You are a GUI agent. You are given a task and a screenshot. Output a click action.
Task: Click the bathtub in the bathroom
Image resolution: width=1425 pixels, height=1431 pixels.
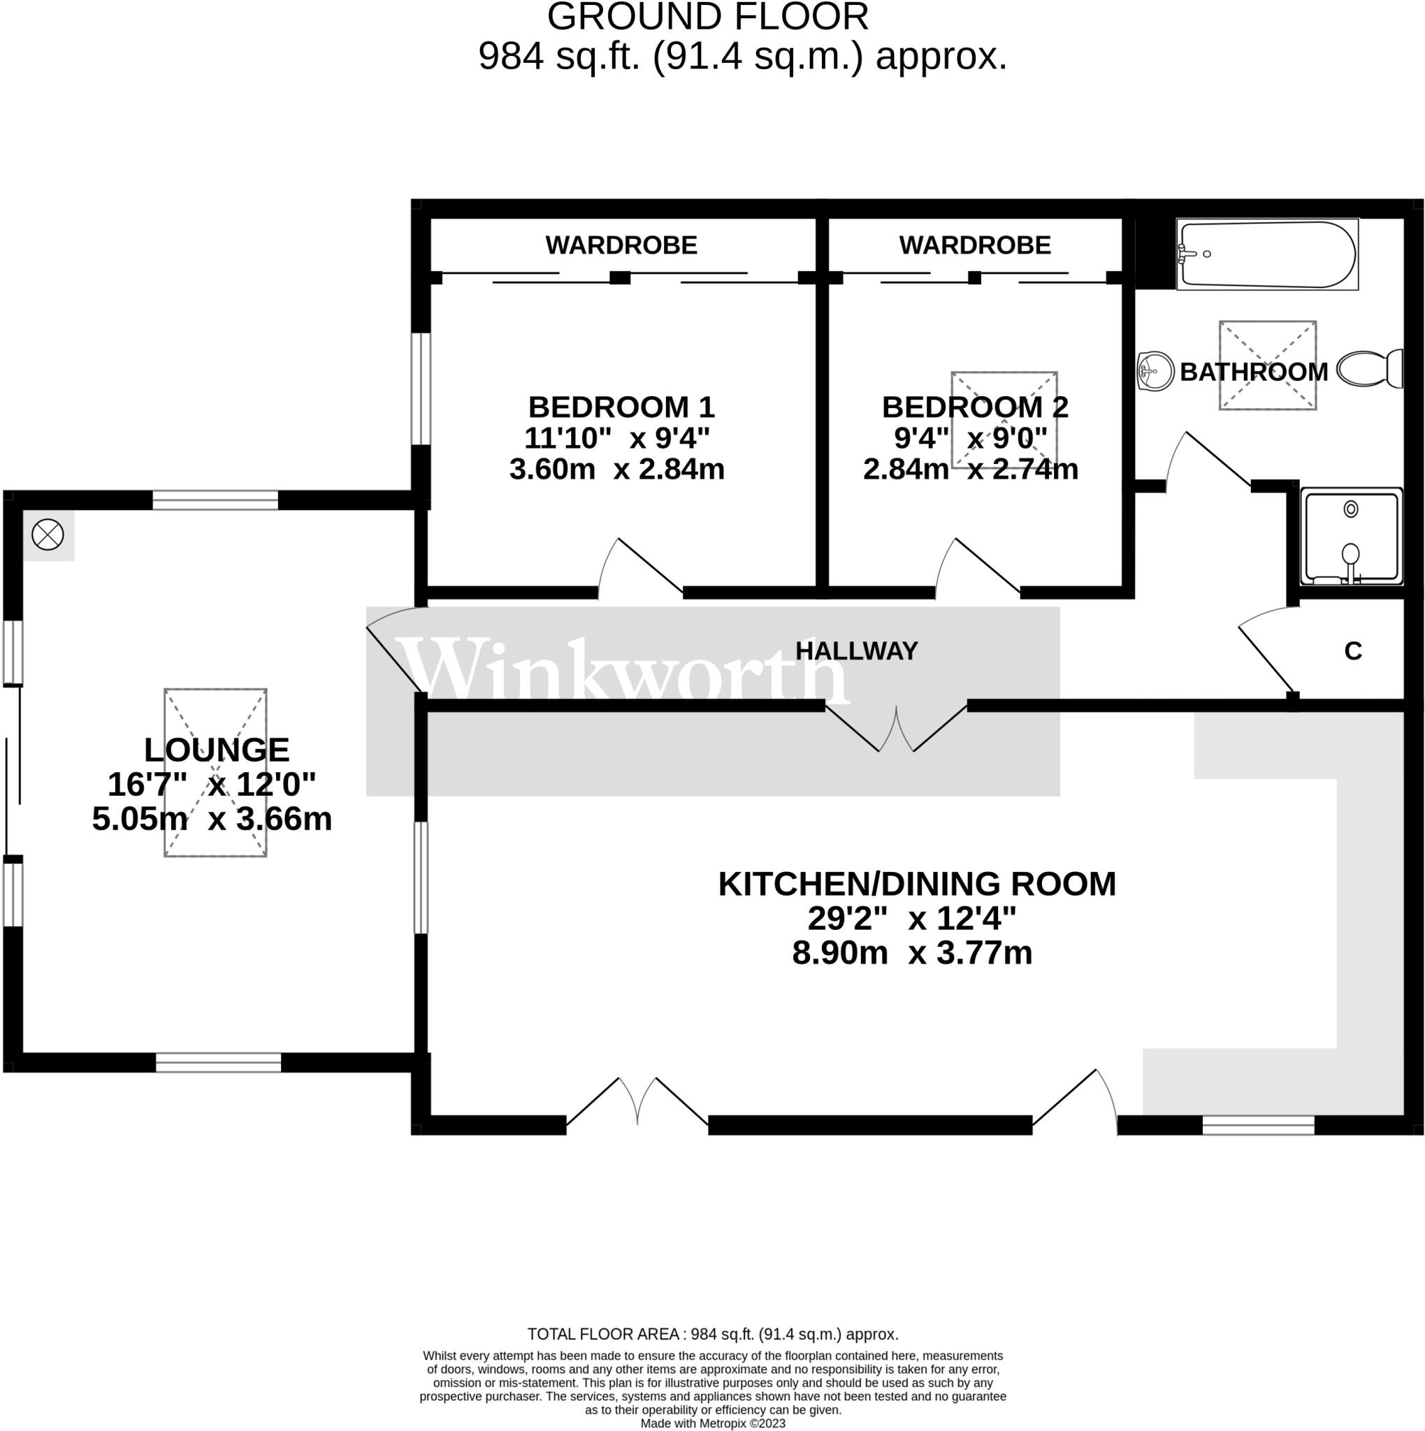(x=1268, y=254)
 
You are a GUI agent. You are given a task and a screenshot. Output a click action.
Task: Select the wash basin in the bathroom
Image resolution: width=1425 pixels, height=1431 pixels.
(x=1155, y=370)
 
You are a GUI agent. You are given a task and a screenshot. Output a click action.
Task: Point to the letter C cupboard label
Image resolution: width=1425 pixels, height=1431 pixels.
(x=1352, y=651)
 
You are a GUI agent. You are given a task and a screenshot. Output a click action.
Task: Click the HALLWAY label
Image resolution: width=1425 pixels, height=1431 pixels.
(x=856, y=651)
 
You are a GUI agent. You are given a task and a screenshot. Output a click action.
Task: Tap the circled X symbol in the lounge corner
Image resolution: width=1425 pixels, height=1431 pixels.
(x=48, y=535)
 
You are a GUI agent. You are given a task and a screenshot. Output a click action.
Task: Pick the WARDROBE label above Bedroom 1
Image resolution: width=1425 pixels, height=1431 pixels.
(x=621, y=245)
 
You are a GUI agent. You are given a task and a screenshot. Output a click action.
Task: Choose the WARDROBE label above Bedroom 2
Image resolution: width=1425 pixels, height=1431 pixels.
(x=974, y=245)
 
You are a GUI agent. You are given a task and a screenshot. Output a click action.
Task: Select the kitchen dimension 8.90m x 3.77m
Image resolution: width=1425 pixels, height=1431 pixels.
(x=912, y=952)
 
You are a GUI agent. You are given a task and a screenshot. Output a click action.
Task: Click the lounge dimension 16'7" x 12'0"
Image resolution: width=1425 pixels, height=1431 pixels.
(x=212, y=784)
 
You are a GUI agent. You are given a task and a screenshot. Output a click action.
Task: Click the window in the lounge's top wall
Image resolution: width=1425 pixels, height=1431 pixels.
(x=215, y=500)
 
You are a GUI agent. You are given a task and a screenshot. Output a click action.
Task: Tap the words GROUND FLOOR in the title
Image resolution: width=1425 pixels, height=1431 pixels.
(x=707, y=17)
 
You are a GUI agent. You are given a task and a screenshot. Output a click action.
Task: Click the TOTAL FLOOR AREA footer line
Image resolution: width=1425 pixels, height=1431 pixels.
(x=713, y=1335)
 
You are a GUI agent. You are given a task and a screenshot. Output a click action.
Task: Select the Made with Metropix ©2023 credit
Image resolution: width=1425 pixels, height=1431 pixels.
(x=713, y=1423)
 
